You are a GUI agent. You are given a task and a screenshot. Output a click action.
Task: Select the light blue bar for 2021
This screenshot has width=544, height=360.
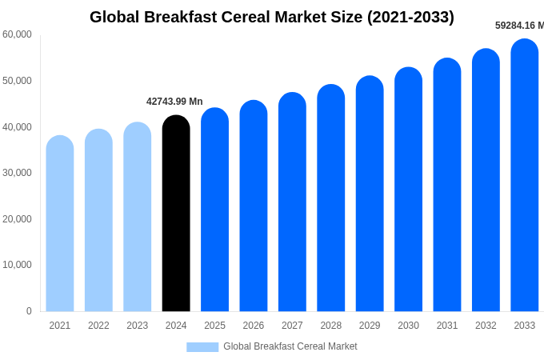click(60, 224)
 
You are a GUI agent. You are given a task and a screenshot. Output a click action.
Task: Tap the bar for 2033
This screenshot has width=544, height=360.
click(525, 176)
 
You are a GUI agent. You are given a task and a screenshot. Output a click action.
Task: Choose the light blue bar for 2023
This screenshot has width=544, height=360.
click(138, 217)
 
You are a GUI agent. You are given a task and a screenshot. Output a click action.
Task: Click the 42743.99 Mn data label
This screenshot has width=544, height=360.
click(174, 102)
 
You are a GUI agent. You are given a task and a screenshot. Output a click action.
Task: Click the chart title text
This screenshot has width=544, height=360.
click(271, 17)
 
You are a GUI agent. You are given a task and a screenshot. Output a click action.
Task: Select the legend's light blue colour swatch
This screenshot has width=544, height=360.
click(202, 346)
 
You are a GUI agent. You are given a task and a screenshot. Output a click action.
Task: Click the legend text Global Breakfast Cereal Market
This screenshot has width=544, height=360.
click(290, 346)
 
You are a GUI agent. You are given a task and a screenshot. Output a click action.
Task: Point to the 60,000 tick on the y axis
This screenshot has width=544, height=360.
click(17, 34)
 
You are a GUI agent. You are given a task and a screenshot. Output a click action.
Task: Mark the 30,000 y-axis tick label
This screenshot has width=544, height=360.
click(17, 173)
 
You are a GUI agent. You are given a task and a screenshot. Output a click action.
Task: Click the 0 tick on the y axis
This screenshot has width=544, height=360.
click(29, 311)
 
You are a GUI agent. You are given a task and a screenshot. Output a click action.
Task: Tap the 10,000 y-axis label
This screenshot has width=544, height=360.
click(17, 265)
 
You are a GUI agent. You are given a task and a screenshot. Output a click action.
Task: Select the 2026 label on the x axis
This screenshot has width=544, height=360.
click(254, 326)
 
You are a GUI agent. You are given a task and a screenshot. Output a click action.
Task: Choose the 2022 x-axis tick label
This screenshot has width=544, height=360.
click(98, 326)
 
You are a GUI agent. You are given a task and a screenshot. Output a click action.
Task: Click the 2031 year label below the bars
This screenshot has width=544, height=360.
click(447, 326)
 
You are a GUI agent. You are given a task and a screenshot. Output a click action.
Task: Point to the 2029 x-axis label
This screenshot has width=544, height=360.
click(370, 326)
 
